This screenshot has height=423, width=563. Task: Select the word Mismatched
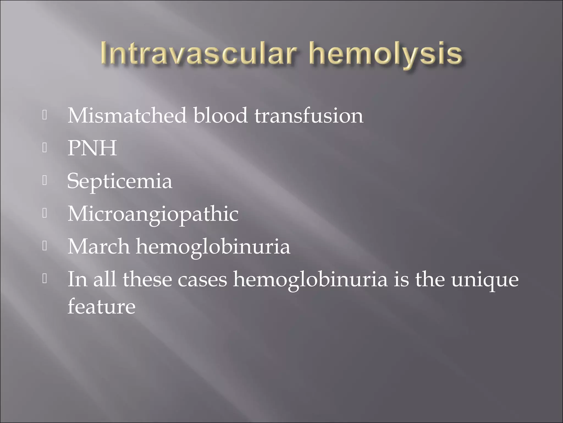tap(127, 115)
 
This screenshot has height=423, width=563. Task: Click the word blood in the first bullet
tap(220, 115)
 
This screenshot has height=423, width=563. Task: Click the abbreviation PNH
tap(92, 148)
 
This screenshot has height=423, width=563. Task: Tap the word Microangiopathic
tap(153, 214)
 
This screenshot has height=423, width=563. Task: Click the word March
tap(98, 246)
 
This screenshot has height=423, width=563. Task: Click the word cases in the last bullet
tap(202, 280)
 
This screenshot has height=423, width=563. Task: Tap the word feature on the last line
tap(101, 306)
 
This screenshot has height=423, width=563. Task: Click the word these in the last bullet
tap(147, 280)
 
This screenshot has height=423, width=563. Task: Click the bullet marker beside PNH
tap(45, 148)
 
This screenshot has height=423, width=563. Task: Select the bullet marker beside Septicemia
tap(45, 181)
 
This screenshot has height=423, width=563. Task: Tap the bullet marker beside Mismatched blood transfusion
tap(45, 115)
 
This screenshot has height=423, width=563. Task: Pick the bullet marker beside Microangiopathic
tap(45, 213)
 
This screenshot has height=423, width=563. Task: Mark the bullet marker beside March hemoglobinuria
tap(45, 246)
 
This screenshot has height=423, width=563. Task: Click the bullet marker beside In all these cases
tap(45, 279)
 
